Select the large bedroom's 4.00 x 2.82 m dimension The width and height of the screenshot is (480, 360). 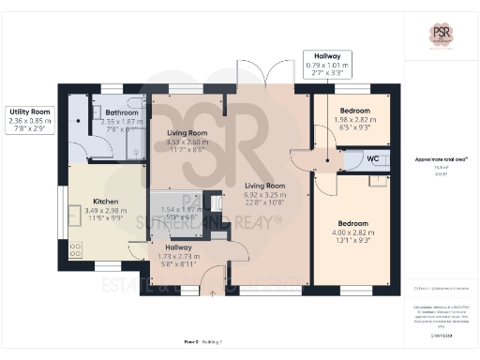[x=352, y=234]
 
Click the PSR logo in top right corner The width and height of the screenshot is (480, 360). [x=441, y=36]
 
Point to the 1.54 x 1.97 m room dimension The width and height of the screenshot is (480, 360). [x=181, y=209]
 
